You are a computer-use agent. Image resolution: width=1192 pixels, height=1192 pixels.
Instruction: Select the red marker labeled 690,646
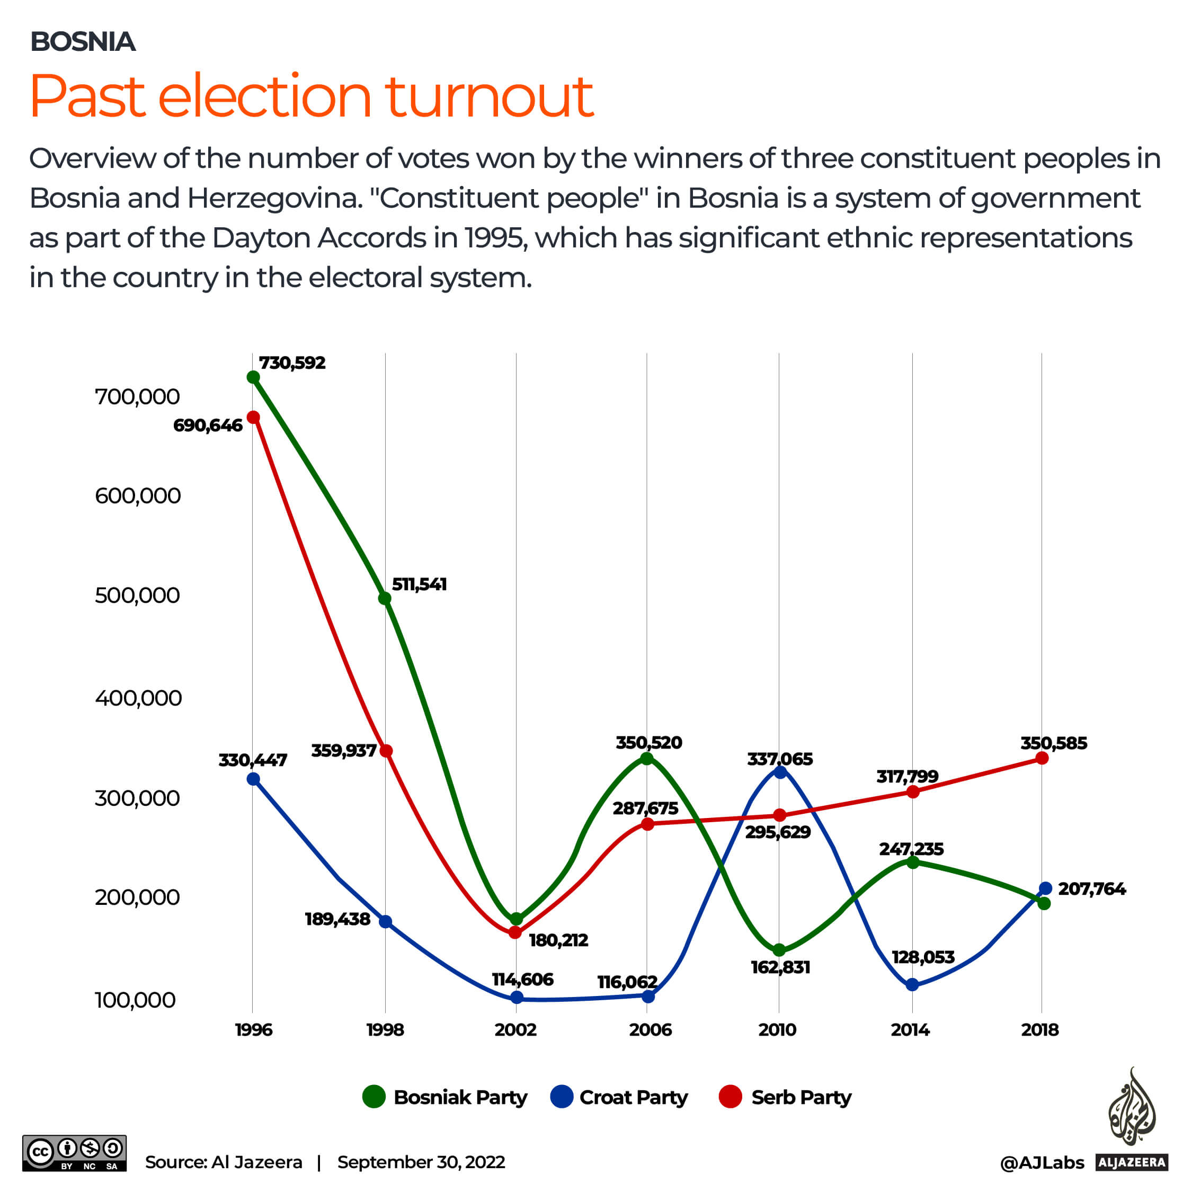(253, 417)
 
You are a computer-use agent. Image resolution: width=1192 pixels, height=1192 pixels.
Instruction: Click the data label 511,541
(419, 584)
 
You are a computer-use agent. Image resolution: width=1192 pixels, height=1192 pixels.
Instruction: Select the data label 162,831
(780, 967)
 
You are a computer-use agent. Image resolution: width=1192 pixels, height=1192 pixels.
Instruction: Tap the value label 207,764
(1091, 889)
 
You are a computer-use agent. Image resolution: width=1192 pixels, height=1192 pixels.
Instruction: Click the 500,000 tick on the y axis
(137, 595)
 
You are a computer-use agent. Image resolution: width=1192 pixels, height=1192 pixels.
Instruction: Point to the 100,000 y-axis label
(135, 1000)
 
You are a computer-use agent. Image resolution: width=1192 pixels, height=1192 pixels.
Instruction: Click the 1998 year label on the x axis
(385, 1030)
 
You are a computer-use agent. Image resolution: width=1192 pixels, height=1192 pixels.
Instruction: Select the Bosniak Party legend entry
(445, 1098)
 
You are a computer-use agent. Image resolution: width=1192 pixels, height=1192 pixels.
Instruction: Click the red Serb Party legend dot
(731, 1097)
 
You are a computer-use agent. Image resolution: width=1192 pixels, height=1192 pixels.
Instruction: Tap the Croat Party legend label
(633, 1098)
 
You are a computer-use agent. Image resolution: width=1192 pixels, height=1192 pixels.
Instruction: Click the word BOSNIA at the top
(83, 42)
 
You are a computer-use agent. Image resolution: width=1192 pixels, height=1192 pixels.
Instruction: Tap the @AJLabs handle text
(1042, 1163)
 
